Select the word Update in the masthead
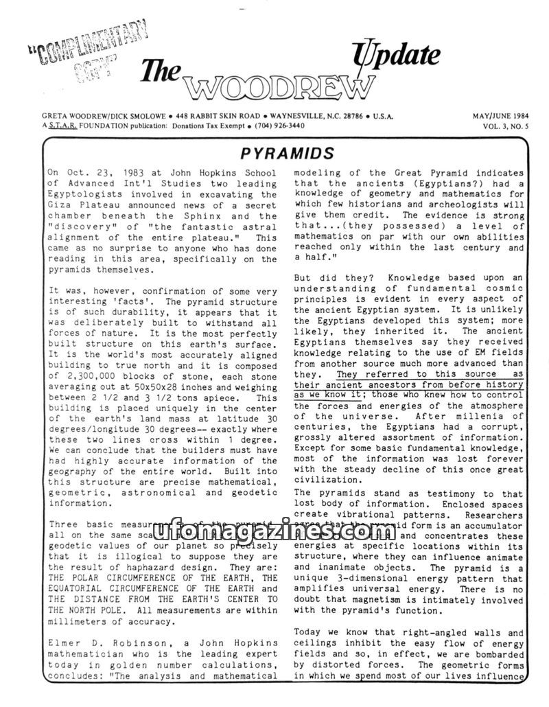(x=398, y=55)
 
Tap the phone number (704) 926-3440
(x=278, y=126)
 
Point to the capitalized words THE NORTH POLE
(x=89, y=610)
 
